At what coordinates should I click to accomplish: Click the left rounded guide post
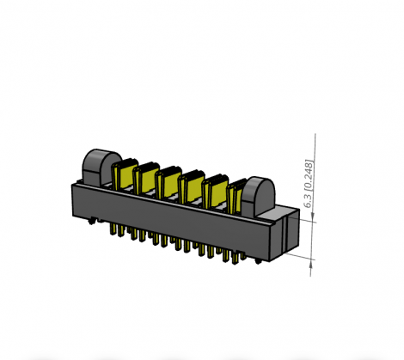tap(98, 167)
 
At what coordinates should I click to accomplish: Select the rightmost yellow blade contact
tap(235, 196)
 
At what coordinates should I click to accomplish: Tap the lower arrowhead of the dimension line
tap(315, 257)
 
